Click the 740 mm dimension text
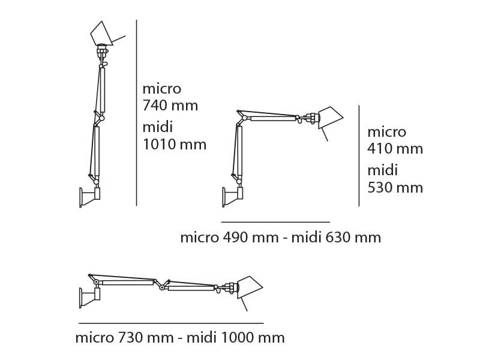[170, 106]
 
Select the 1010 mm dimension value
[174, 145]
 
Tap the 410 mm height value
[395, 149]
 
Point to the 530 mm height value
[395, 188]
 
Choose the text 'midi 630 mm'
[336, 238]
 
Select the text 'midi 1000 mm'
[235, 338]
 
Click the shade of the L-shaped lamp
[329, 118]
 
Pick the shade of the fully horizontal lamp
[249, 287]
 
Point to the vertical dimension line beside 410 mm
[359, 156]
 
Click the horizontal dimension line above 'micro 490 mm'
[275, 222]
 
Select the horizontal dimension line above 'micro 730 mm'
[171, 323]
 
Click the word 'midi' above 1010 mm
[158, 127]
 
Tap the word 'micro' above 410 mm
[386, 131]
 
